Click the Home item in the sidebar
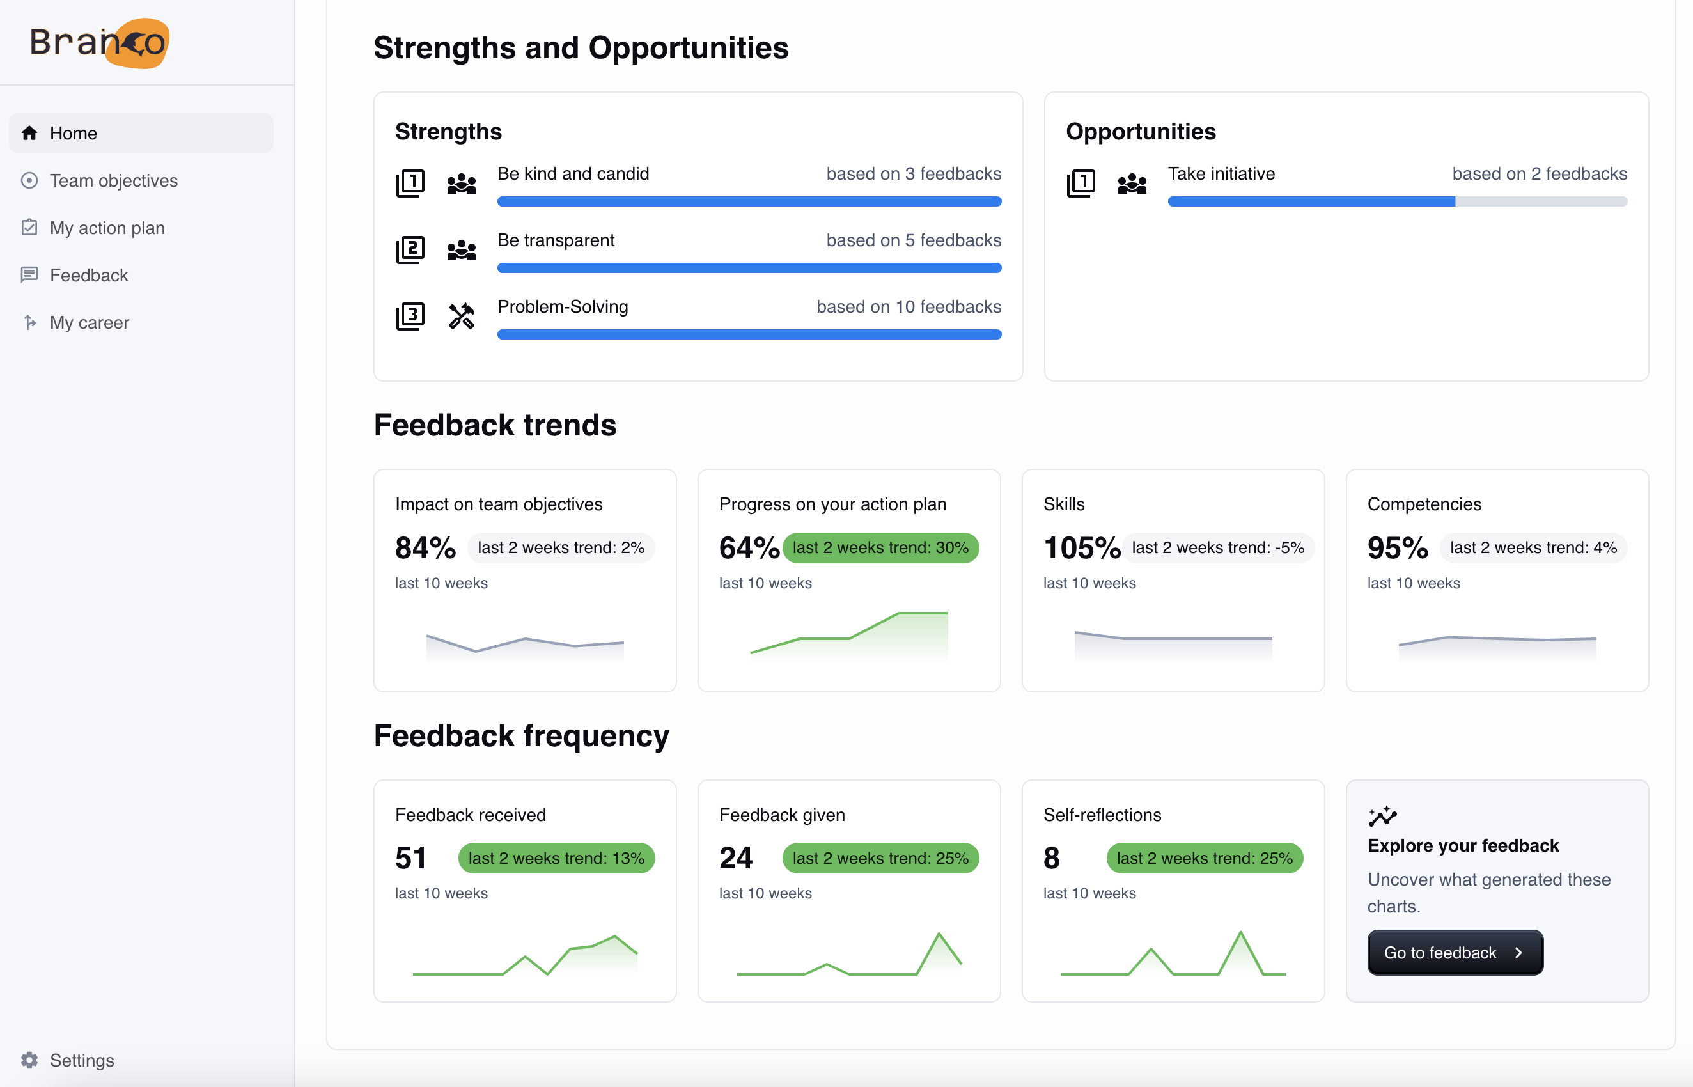(73, 134)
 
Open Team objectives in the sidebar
(113, 181)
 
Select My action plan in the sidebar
(107, 228)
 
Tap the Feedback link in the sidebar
(88, 276)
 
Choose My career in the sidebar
(89, 322)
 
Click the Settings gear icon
(29, 1060)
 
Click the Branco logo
(99, 42)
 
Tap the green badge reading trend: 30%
(880, 548)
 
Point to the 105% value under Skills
(1081, 548)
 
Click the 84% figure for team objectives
(425, 548)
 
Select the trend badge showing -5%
(1217, 548)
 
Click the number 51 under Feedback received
(410, 858)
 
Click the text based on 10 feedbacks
(909, 307)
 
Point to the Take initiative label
(1221, 174)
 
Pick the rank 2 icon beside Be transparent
(410, 250)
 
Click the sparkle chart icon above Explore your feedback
(1382, 816)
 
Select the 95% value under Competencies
(1398, 548)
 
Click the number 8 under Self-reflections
(1051, 858)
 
